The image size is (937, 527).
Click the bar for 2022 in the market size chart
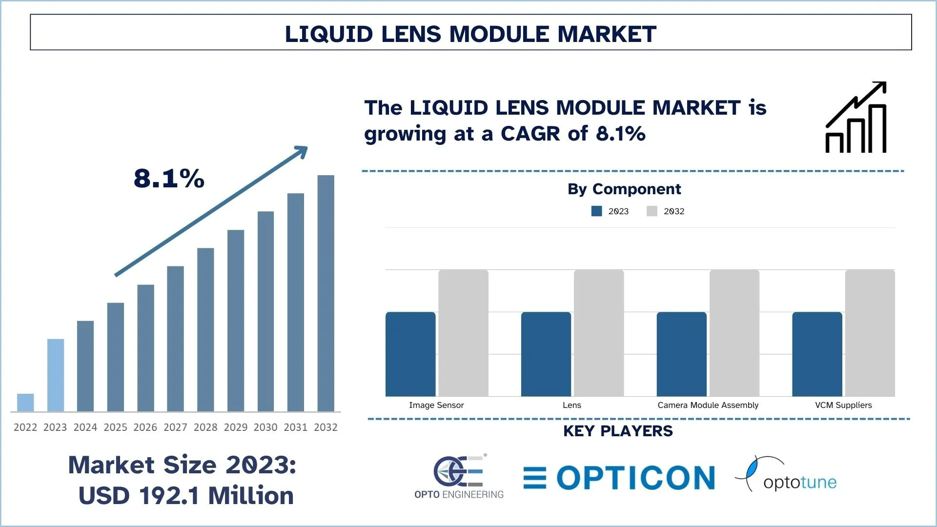[x=25, y=403]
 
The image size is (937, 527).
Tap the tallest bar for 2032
[x=326, y=293]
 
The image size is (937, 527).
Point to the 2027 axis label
[x=175, y=427]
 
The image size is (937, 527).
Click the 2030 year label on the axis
[x=265, y=427]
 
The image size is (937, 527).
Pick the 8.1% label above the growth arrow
[x=169, y=178]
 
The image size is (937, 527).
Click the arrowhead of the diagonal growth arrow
[x=302, y=151]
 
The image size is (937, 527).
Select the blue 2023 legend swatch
[x=596, y=211]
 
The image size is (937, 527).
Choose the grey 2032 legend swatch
[x=652, y=211]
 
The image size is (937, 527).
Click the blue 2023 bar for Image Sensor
[x=410, y=354]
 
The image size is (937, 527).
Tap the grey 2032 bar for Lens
[x=599, y=333]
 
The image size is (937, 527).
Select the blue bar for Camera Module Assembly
[x=681, y=354]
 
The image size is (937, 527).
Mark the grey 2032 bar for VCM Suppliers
[x=870, y=333]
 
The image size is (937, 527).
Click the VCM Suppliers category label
[x=843, y=405]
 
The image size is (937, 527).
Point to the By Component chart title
[x=624, y=189]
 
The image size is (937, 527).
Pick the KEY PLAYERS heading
[x=618, y=431]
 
